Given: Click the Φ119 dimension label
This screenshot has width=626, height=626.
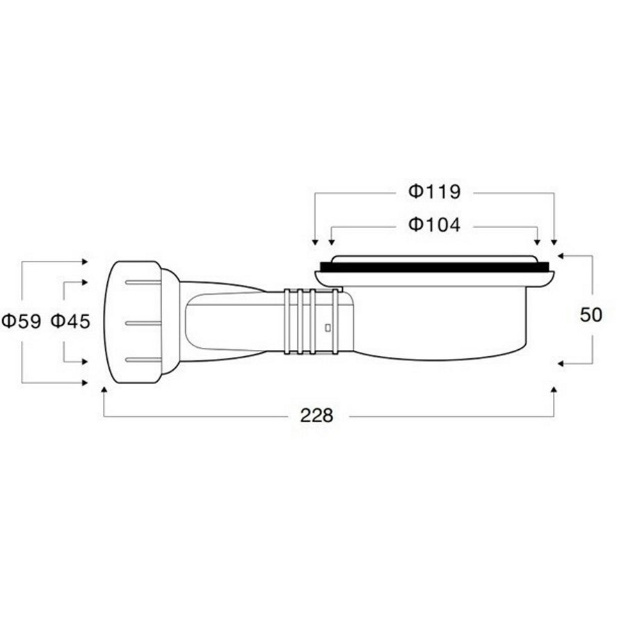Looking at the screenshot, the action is point(434,192).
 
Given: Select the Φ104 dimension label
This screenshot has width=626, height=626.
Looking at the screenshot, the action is point(434,225).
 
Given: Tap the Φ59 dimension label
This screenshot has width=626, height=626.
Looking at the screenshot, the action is point(22,321).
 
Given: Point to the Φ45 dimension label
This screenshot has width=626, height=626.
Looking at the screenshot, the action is point(71,321).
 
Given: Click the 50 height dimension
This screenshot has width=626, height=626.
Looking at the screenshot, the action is point(591,315).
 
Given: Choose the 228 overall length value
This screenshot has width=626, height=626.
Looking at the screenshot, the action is point(316,416).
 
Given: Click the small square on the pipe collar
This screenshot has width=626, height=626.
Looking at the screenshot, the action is point(328,328).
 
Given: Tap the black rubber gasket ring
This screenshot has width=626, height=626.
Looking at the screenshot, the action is point(434,267).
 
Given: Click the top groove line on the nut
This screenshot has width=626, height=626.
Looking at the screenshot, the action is point(143,282).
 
